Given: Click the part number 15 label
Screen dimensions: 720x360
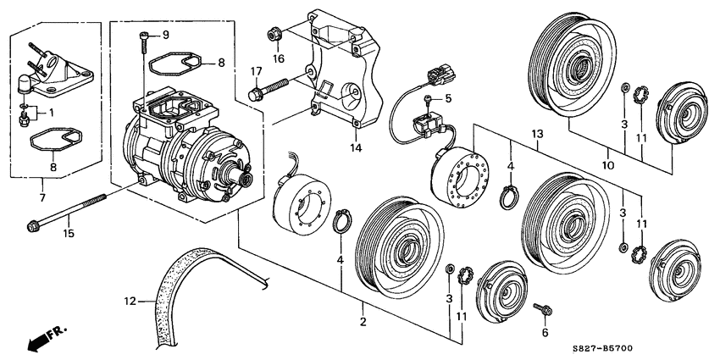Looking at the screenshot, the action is (69, 233).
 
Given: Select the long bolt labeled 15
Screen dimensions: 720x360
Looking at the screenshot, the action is (67, 211).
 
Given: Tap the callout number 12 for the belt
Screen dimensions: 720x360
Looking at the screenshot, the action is (130, 302).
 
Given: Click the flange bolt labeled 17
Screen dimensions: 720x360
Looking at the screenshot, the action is (269, 89).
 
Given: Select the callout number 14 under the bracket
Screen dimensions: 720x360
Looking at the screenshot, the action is (356, 148).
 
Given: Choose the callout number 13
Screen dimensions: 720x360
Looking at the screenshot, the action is (537, 134).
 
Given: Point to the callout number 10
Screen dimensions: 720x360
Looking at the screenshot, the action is (608, 165).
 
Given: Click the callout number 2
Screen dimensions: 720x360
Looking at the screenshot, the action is (363, 322).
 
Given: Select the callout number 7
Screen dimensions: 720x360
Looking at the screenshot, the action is (42, 198).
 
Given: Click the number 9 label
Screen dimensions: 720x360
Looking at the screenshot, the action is (165, 35).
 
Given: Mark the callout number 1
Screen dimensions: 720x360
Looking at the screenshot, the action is (51, 112).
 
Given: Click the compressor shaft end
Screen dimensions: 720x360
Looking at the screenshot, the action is (242, 176).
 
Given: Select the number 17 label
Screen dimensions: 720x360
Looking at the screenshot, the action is (256, 71).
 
